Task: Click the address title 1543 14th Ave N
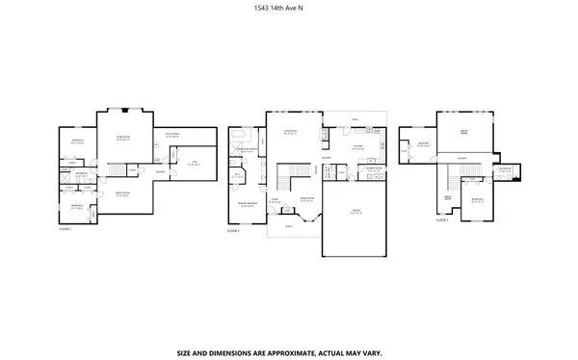pyautogui.click(x=289, y=10)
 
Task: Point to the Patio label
pyautogui.click(x=355, y=120)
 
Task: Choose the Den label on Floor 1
pyautogui.click(x=193, y=164)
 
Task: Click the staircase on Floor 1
pyautogui.click(x=118, y=170)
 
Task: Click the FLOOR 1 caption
pyautogui.click(x=66, y=229)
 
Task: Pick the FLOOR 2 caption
pyautogui.click(x=233, y=231)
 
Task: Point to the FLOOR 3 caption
pyautogui.click(x=442, y=220)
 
